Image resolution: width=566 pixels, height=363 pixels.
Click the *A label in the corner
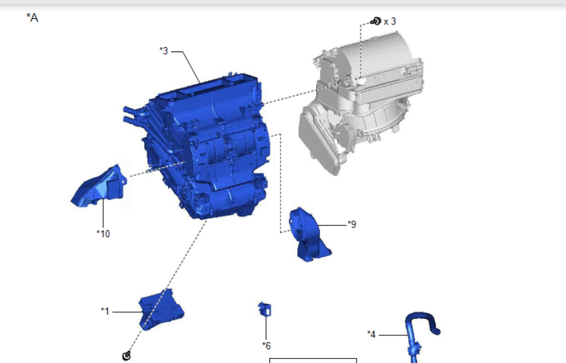point(32,18)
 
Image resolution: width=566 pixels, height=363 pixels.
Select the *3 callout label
point(164,51)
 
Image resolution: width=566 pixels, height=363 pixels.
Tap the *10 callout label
point(103,234)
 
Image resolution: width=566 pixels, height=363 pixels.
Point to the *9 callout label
point(352,224)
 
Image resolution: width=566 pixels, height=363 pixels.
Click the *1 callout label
point(105,311)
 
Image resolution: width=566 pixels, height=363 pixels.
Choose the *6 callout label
point(267,345)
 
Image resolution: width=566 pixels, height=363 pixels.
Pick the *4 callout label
point(372,334)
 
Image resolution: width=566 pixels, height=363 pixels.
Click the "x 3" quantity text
point(390,21)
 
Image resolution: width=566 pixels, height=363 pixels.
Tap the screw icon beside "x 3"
point(376,21)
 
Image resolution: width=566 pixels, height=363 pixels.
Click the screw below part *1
point(126,356)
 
